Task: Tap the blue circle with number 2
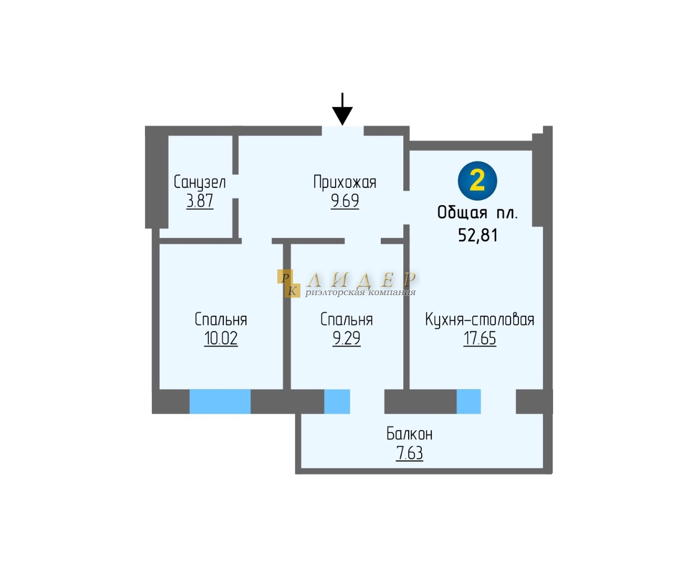[x=477, y=181]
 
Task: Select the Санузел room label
[x=200, y=182]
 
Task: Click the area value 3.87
[x=200, y=201]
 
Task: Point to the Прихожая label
[x=345, y=182]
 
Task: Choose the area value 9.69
[x=345, y=201]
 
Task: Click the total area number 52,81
[x=477, y=235]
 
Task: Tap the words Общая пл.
[x=477, y=213]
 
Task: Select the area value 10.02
[x=221, y=339]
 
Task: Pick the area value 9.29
[x=346, y=339]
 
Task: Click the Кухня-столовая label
[x=480, y=320]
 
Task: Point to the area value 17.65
[x=480, y=339]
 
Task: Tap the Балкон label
[x=409, y=434]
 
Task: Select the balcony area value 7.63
[x=409, y=453]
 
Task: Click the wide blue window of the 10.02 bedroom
[x=220, y=402]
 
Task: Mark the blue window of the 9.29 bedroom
[x=337, y=402]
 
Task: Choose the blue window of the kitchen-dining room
[x=468, y=402]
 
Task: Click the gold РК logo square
[x=288, y=283]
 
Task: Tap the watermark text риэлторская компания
[x=360, y=292]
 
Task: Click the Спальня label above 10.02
[x=221, y=320]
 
